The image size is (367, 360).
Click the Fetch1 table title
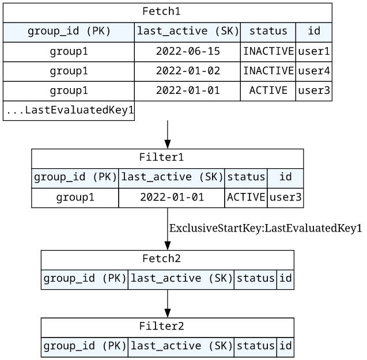tap(161, 12)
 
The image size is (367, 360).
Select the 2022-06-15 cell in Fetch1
tap(188, 51)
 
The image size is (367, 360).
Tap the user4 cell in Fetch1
tap(314, 71)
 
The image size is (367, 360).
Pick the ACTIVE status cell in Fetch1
tap(268, 90)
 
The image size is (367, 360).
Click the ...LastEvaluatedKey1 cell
tap(69, 110)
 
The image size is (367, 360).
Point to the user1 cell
tap(314, 51)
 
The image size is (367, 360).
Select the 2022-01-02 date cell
tap(188, 71)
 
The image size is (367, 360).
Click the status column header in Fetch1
tap(268, 32)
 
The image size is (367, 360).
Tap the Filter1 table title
tap(161, 157)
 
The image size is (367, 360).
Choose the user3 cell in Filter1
tap(285, 198)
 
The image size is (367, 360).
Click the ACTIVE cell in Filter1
tap(246, 198)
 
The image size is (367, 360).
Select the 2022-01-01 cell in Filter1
tap(172, 198)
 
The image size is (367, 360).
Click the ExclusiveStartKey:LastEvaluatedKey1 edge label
tap(266, 228)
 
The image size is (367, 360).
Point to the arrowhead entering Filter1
tap(168, 144)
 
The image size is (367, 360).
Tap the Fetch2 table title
tap(161, 259)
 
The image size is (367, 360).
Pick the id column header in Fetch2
tap(286, 279)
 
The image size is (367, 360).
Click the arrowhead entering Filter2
tap(168, 313)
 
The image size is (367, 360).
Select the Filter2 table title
tap(161, 326)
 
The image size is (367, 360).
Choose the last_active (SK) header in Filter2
tap(181, 346)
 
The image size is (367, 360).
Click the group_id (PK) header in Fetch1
tap(69, 32)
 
